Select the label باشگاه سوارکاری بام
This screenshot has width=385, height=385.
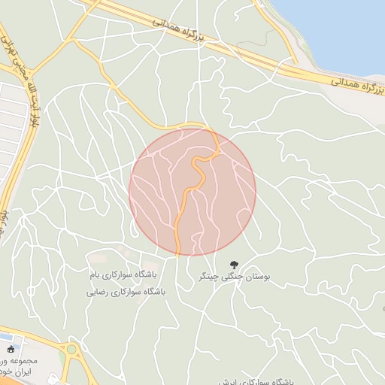125,275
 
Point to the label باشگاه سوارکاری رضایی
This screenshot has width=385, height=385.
125,291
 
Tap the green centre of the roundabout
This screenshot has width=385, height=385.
71,350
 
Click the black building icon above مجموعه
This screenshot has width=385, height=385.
10,350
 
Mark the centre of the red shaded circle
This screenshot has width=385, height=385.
192,191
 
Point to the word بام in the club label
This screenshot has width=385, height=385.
95,275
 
